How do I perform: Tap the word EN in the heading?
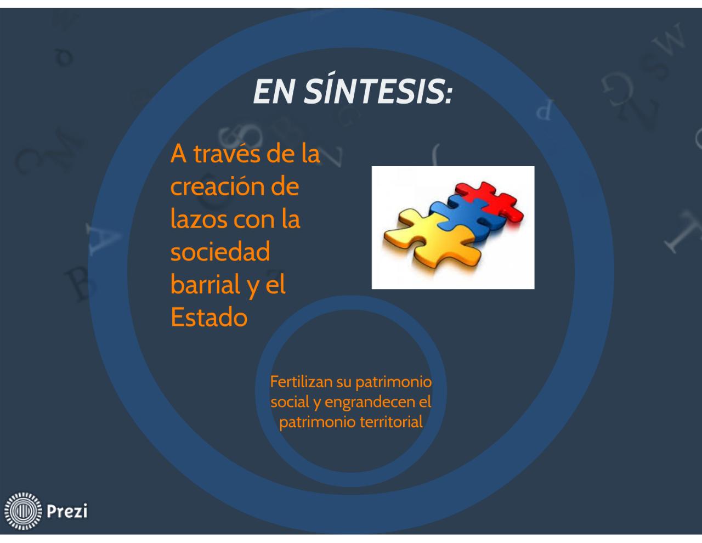pyautogui.click(x=274, y=92)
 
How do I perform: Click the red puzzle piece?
pyautogui.click(x=491, y=202)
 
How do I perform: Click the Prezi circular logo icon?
pyautogui.click(x=23, y=511)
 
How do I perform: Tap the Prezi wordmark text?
pyautogui.click(x=67, y=511)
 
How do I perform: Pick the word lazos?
pyautogui.click(x=199, y=219)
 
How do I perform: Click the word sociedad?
pyautogui.click(x=220, y=251)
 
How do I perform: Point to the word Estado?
pyautogui.click(x=209, y=317)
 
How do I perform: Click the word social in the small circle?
pyautogui.click(x=290, y=402)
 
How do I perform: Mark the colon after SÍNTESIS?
pyautogui.click(x=449, y=95)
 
